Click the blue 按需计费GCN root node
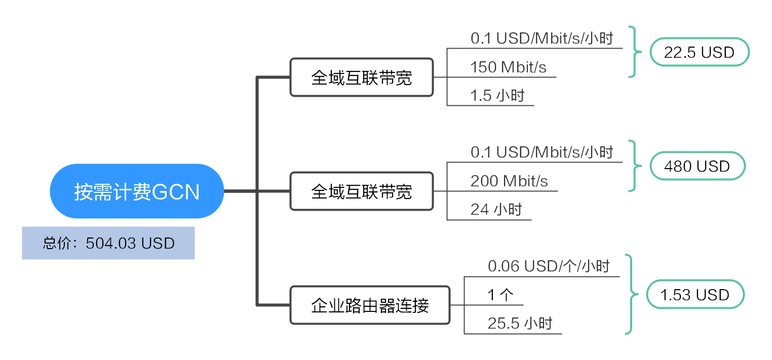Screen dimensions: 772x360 pyautogui.click(x=137, y=191)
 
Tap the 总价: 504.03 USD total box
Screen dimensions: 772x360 pyautogui.click(x=108, y=243)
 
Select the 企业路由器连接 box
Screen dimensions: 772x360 pyautogui.click(x=370, y=305)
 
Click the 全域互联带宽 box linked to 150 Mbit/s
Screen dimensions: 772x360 pyautogui.click(x=362, y=77)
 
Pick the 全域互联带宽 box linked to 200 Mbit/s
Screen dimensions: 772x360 pyautogui.click(x=362, y=191)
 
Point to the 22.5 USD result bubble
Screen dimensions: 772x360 pyautogui.click(x=700, y=52)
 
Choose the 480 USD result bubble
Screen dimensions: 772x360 pyautogui.click(x=698, y=166)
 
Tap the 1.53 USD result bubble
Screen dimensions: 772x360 pyautogui.click(x=695, y=295)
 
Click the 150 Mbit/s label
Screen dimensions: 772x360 pyautogui.click(x=509, y=67)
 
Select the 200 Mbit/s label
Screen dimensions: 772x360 pyautogui.click(x=509, y=181)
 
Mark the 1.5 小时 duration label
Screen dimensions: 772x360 pyautogui.click(x=497, y=95)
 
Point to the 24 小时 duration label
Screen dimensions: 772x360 pyautogui.click(x=496, y=210)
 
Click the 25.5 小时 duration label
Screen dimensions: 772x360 pyautogui.click(x=520, y=323)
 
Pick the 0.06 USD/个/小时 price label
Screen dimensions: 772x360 pyautogui.click(x=549, y=266)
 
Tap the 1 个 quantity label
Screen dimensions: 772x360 pyautogui.click(x=500, y=295)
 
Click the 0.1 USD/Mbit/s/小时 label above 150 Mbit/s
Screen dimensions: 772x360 pyautogui.click(x=542, y=38)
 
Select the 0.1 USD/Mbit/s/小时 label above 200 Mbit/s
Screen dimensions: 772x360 pyautogui.click(x=542, y=152)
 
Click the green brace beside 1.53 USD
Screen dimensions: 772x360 pyautogui.click(x=631, y=295)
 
